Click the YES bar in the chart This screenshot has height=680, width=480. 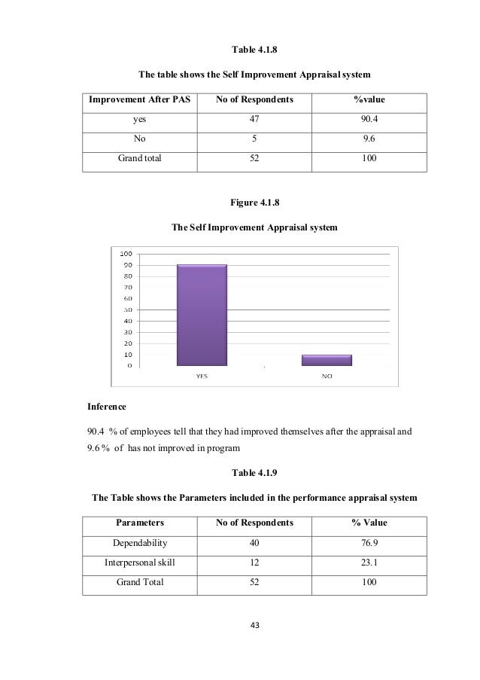click(x=202, y=315)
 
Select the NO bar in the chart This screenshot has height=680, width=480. click(x=327, y=360)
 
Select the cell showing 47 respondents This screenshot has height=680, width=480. click(x=252, y=119)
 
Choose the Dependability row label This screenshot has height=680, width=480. click(x=140, y=542)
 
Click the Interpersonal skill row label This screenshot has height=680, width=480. click(x=140, y=562)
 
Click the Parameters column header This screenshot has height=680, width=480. click(x=140, y=522)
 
